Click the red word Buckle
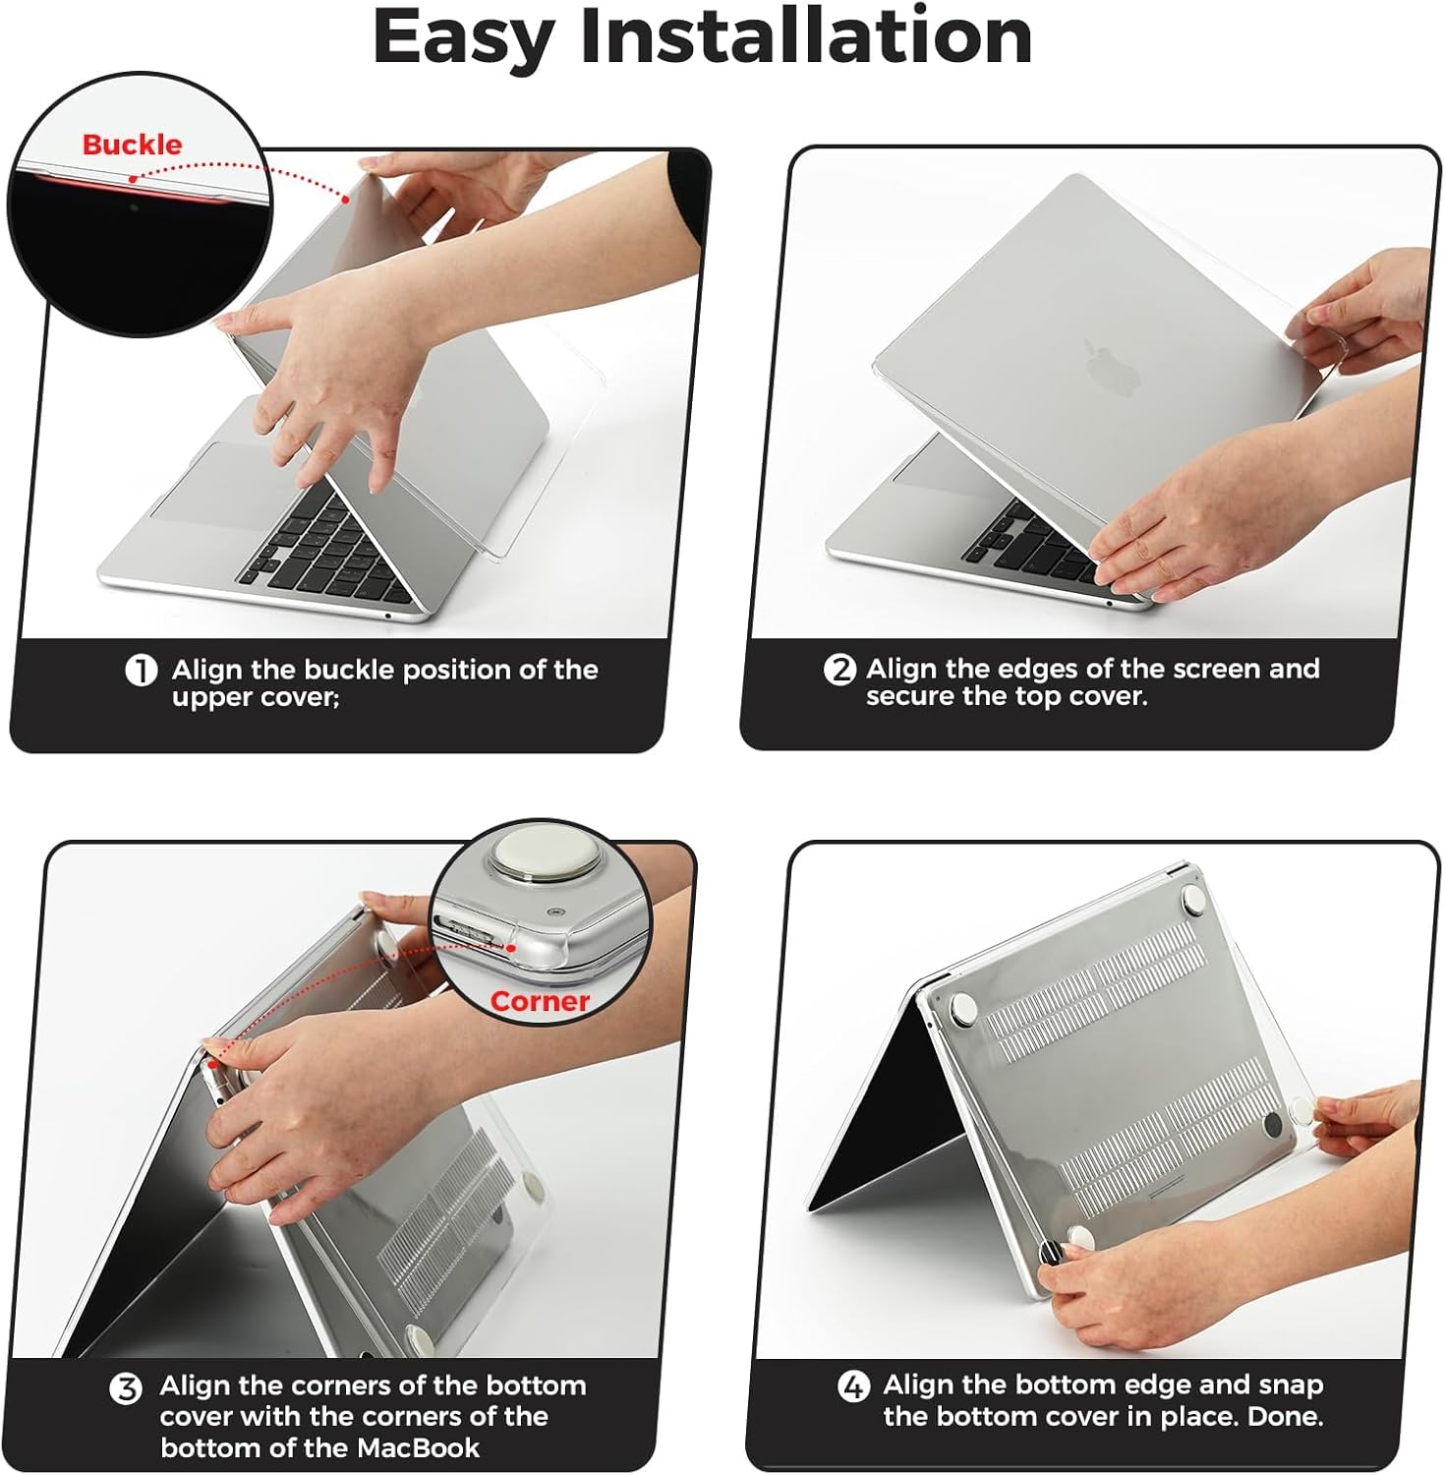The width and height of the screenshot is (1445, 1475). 132,145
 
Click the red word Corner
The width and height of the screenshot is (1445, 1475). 539,1001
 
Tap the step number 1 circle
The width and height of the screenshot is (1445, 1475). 142,671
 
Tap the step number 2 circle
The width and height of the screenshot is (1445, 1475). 839,670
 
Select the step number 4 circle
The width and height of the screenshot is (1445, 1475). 853,1387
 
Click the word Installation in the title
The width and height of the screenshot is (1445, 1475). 805,36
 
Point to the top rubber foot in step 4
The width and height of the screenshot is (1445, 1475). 1192,896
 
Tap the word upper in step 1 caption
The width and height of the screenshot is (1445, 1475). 208,697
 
